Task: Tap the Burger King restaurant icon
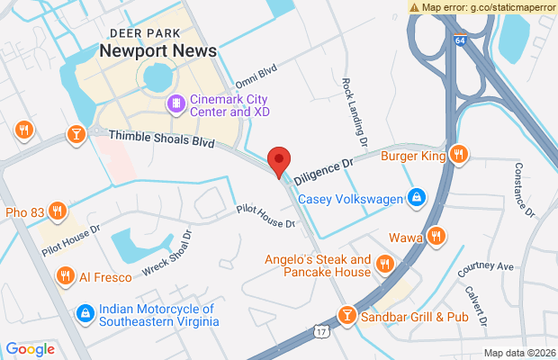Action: coord(458,155)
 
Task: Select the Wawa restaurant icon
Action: coord(436,238)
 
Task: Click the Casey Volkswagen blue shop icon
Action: coord(417,197)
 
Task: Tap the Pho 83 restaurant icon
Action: coord(57,211)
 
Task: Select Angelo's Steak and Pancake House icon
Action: coord(385,265)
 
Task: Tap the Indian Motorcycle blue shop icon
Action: coord(84,313)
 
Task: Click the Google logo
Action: coord(30,349)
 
